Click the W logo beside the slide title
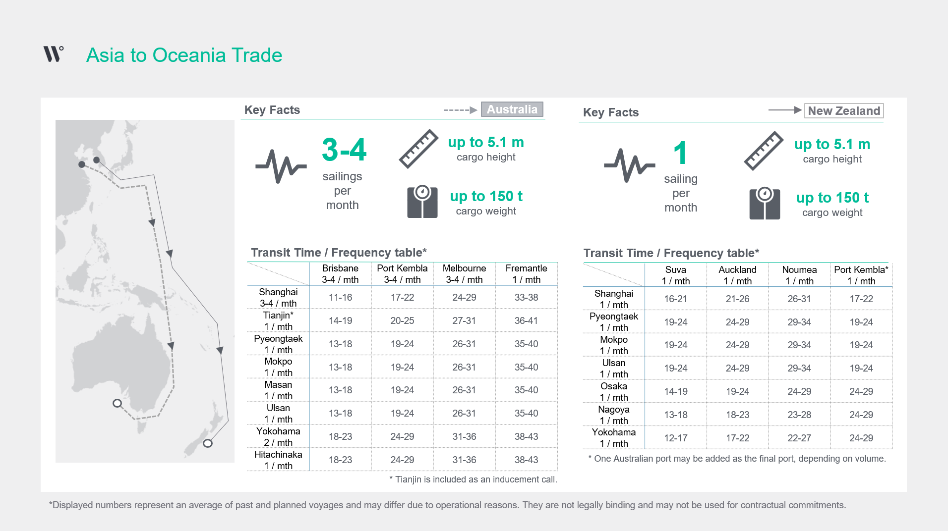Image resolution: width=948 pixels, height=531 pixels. (54, 53)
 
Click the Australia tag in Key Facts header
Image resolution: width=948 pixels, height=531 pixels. (512, 109)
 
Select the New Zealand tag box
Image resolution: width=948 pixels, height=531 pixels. (844, 111)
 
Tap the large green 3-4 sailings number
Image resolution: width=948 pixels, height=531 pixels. (344, 150)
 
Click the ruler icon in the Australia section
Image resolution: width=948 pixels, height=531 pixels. (419, 149)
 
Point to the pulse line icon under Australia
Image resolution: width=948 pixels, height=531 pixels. (281, 166)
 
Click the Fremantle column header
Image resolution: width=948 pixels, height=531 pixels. (526, 274)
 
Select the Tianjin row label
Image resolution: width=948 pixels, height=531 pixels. (278, 321)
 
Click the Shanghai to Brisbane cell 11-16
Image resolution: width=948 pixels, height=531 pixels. (340, 298)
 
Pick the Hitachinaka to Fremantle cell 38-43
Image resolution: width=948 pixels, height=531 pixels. (526, 460)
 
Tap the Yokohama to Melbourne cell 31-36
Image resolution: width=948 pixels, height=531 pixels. (464, 437)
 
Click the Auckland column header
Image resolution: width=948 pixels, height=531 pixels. (737, 275)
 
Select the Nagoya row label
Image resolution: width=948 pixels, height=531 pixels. (614, 415)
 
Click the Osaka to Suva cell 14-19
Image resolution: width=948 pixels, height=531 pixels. (676, 392)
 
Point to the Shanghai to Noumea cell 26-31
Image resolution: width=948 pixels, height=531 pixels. (799, 299)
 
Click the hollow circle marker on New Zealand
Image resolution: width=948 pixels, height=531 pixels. (208, 443)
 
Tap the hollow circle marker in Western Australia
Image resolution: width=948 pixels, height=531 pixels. (117, 403)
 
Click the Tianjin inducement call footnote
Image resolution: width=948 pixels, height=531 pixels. (473, 479)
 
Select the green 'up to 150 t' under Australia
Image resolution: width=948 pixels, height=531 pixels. (486, 196)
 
